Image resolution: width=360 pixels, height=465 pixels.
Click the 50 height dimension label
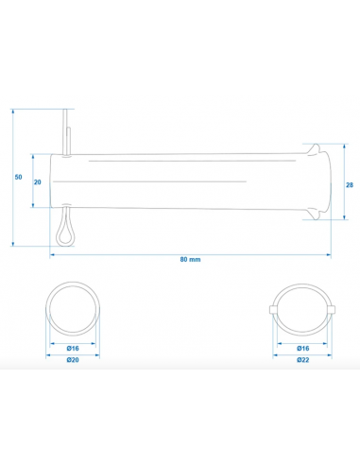[19, 177]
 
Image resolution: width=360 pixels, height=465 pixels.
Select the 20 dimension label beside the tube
[38, 182]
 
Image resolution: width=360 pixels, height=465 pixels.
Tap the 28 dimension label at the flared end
[350, 185]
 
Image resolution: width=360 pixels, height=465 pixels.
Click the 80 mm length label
[190, 259]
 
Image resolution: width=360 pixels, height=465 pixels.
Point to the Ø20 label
[73, 360]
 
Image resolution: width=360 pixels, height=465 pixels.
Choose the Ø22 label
[303, 360]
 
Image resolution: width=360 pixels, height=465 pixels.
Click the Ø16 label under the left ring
[73, 348]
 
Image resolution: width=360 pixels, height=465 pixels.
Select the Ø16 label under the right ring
[303, 348]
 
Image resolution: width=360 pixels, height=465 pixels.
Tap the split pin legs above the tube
[66, 131]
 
